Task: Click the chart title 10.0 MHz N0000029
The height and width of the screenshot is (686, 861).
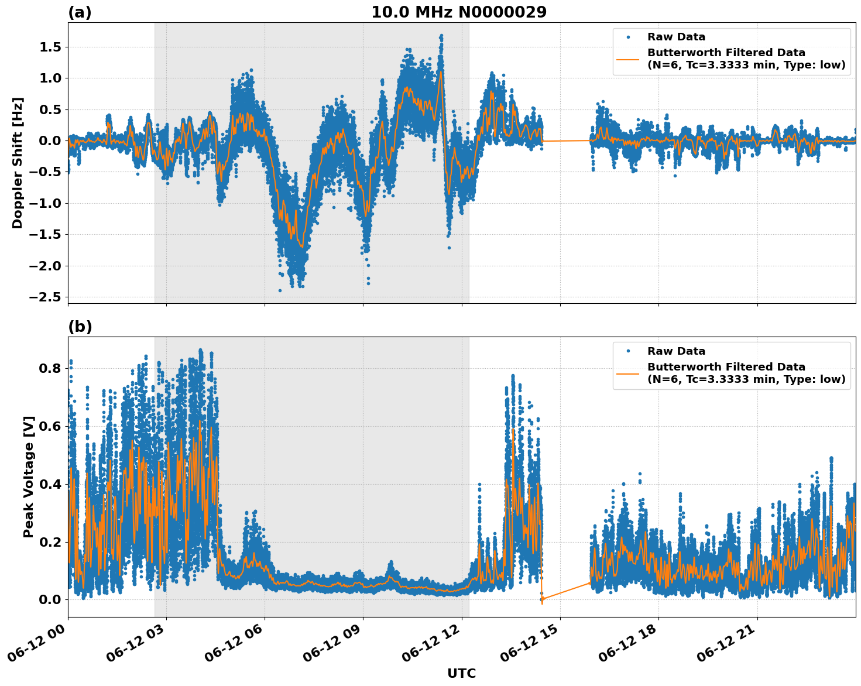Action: tap(458, 12)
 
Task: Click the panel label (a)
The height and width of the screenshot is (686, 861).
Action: tap(80, 12)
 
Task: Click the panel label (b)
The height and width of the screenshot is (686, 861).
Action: tap(80, 327)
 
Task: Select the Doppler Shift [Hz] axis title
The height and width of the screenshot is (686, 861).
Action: tap(18, 163)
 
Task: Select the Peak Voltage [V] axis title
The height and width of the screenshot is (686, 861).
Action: tap(29, 476)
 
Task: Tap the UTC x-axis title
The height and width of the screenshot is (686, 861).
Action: tap(461, 673)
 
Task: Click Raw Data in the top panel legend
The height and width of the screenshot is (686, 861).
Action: tap(676, 37)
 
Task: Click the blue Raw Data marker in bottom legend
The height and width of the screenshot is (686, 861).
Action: tap(628, 351)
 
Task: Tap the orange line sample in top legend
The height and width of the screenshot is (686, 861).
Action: tap(628, 59)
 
